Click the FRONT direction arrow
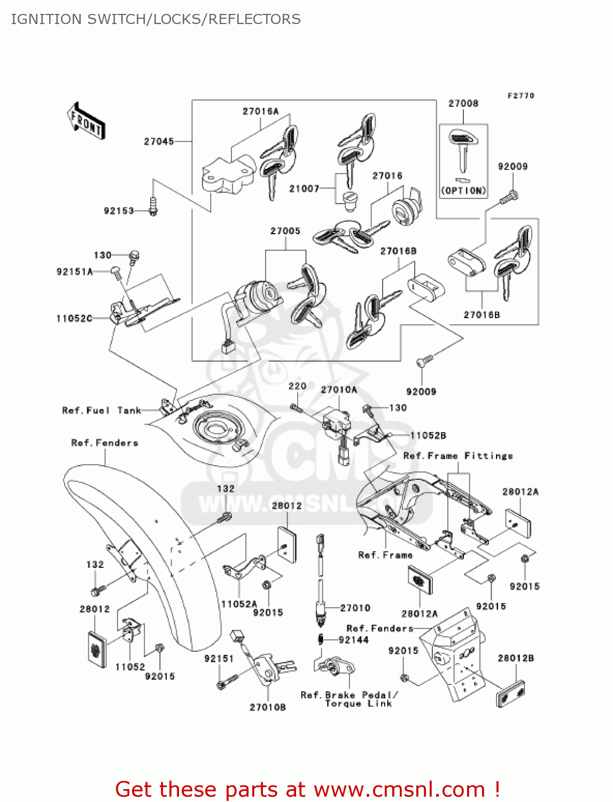click(x=86, y=121)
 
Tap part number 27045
click(x=159, y=141)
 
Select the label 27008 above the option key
click(x=463, y=103)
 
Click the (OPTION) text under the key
click(x=464, y=191)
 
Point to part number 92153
click(x=119, y=211)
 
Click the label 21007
click(x=304, y=189)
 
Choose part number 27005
click(x=285, y=231)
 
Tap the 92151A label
click(x=74, y=272)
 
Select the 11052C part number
click(x=74, y=319)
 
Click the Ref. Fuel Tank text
click(x=102, y=411)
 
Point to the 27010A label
click(x=339, y=390)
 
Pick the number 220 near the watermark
click(x=297, y=386)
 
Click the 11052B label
click(x=428, y=436)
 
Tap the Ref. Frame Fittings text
click(x=458, y=456)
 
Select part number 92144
click(x=353, y=640)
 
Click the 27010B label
click(x=268, y=708)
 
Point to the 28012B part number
click(x=516, y=658)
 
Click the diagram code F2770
click(x=521, y=96)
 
